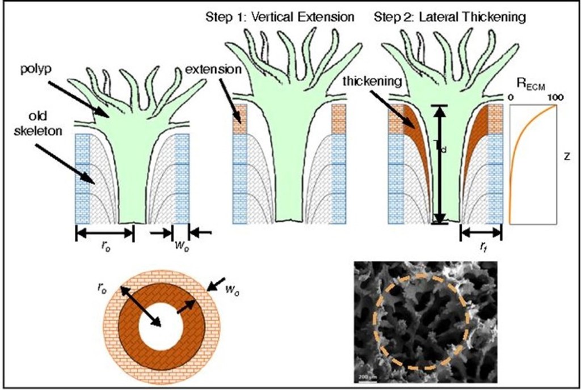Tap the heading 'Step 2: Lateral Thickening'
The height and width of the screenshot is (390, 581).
[x=449, y=17]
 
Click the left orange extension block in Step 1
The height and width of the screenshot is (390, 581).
[x=240, y=118]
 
